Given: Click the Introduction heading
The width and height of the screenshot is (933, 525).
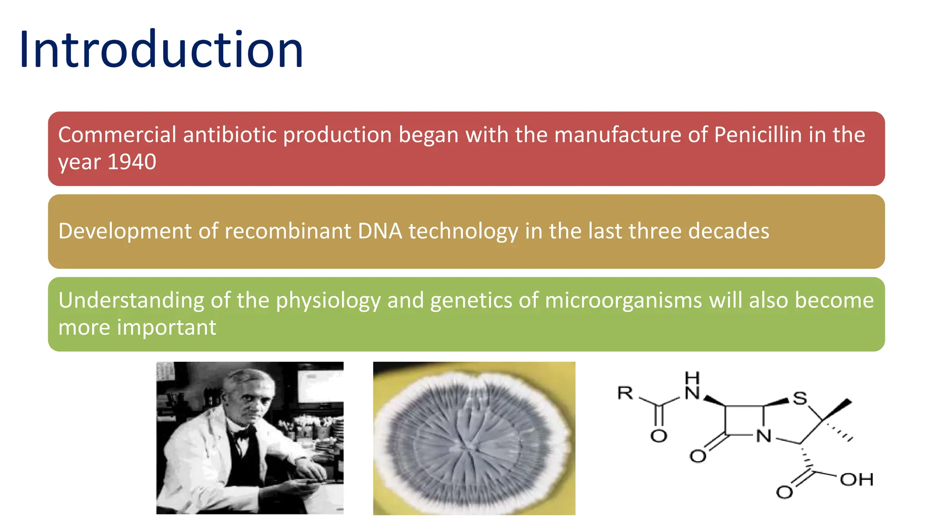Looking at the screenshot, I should coord(161,49).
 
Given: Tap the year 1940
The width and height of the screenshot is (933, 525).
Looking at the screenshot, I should coord(132,162).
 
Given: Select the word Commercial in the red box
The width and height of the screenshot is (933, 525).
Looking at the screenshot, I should coord(117,135).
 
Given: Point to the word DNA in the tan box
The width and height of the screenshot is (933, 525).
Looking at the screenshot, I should coord(380,231).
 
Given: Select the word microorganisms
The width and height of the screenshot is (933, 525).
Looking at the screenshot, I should coord(623,301).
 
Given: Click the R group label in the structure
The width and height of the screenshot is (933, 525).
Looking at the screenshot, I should coord(625,393).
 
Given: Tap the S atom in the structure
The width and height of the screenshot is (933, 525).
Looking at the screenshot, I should coord(800,398).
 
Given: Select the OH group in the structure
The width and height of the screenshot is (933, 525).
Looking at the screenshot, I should coord(856,479).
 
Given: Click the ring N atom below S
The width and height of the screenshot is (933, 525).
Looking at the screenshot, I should coord(764,436).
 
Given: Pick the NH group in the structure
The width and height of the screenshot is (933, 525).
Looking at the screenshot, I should coord(692,386).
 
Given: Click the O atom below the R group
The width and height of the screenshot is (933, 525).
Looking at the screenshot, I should coord(658,436).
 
